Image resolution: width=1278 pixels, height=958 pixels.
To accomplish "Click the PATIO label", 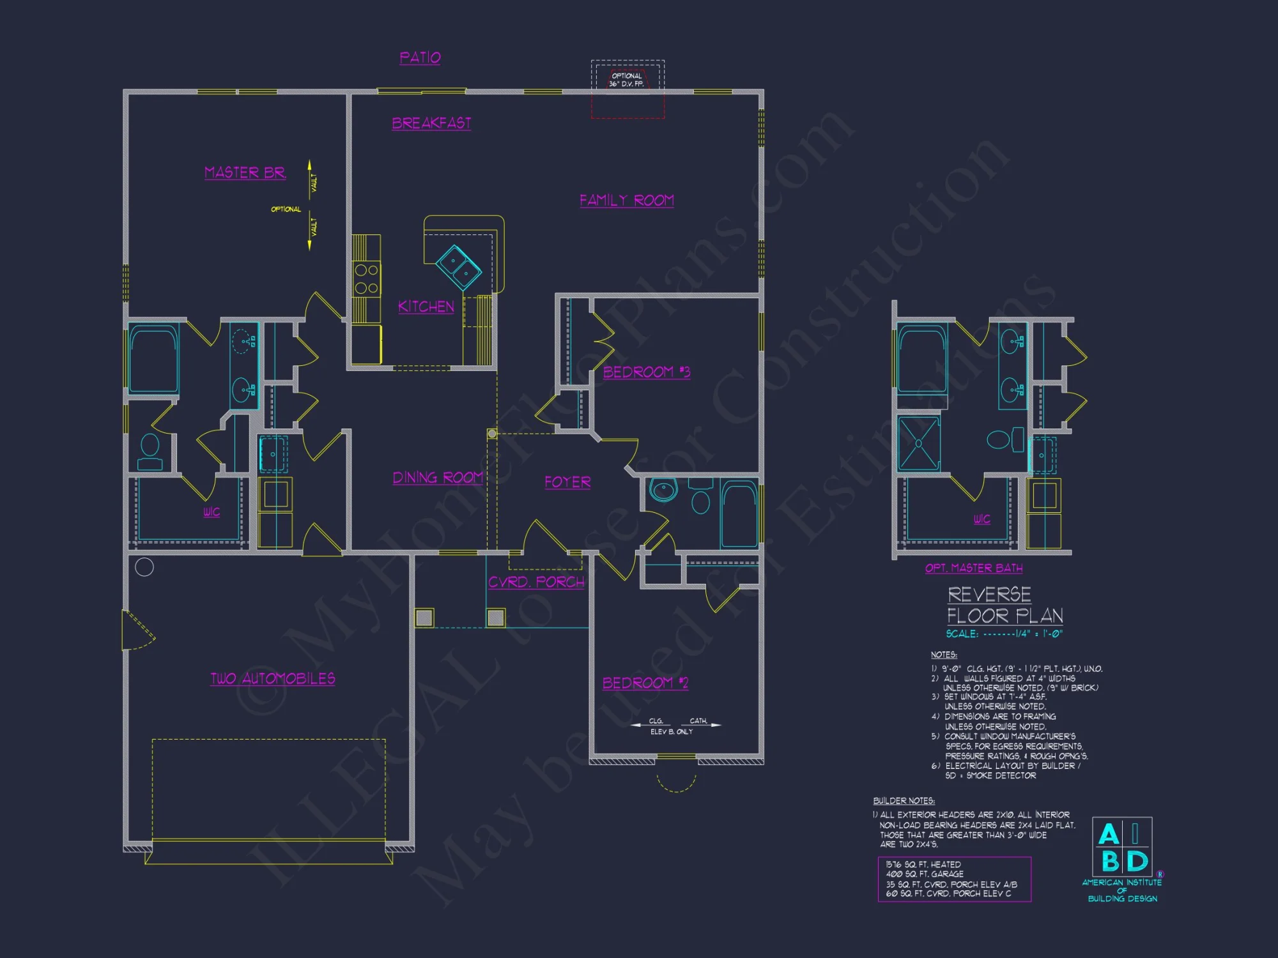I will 420,57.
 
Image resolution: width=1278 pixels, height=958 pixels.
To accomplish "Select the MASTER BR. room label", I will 245,172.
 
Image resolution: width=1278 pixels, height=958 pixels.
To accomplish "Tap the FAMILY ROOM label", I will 626,201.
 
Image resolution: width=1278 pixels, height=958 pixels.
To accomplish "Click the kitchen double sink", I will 458,266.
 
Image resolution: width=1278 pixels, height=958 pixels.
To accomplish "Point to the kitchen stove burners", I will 366,279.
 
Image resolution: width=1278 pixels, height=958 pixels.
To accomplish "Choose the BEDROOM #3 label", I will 646,372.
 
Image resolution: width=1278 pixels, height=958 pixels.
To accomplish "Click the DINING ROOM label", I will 438,478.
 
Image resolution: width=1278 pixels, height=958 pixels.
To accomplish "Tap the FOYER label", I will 567,482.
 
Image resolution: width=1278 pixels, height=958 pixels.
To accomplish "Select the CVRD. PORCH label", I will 536,582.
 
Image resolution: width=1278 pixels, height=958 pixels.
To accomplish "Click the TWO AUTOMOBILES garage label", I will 273,678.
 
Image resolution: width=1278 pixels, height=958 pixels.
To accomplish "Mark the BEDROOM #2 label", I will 645,683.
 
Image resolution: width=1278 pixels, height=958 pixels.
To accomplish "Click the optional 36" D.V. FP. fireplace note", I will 627,80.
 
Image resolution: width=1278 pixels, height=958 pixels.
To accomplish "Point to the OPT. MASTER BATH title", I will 973,568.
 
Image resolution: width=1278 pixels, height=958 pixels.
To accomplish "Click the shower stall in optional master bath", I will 918,443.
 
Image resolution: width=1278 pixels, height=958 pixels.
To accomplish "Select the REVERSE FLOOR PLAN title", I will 1004,605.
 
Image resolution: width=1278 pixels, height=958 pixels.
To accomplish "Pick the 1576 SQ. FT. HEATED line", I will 923,864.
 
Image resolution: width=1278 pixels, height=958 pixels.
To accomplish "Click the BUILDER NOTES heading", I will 904,801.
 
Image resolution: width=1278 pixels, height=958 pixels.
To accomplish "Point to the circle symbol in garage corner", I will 144,566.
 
